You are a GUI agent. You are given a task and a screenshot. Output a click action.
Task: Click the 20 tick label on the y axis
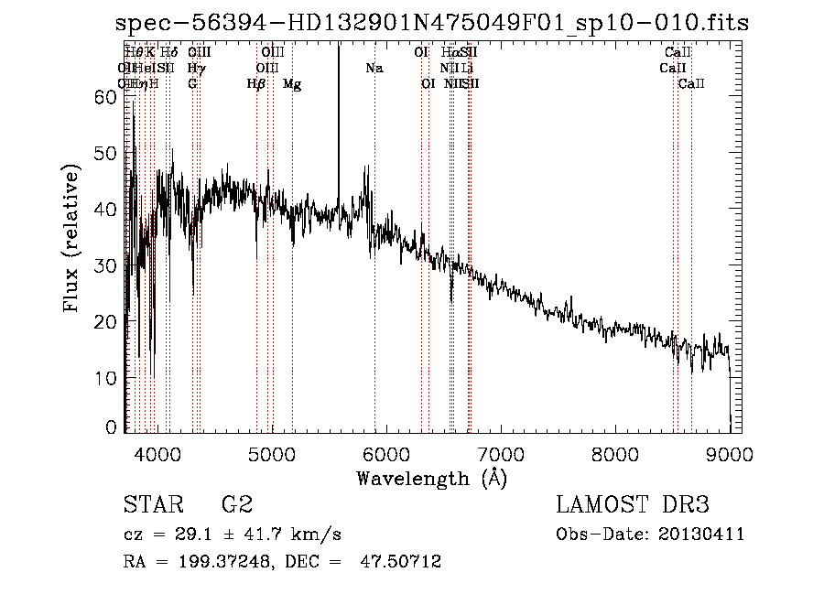pyautogui.click(x=106, y=321)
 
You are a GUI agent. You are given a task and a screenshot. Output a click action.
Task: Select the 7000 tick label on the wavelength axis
pyautogui.click(x=500, y=453)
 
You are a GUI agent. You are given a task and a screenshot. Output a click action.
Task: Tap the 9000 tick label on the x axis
pyautogui.click(x=729, y=453)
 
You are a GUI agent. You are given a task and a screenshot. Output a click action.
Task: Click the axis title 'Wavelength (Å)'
pyautogui.click(x=431, y=478)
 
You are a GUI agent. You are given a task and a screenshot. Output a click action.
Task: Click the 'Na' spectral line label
pyautogui.click(x=374, y=69)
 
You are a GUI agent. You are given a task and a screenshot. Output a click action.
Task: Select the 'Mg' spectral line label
pyautogui.click(x=292, y=84)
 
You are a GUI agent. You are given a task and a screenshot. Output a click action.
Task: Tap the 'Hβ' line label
pyautogui.click(x=256, y=84)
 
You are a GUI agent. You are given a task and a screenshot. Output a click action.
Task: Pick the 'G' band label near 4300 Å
pyautogui.click(x=192, y=84)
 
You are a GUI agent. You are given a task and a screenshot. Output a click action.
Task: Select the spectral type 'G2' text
pyautogui.click(x=237, y=505)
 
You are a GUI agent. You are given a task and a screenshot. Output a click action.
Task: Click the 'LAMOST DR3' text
pyautogui.click(x=633, y=505)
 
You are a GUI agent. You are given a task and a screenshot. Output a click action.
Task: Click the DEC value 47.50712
pyautogui.click(x=402, y=562)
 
